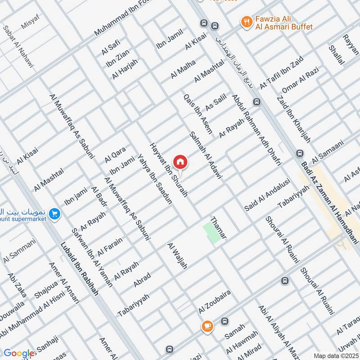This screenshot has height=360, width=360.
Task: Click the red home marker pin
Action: pyautogui.click(x=180, y=162)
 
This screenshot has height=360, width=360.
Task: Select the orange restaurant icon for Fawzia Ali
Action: pyautogui.click(x=246, y=21)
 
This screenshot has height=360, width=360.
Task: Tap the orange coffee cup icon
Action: pyautogui.click(x=207, y=326)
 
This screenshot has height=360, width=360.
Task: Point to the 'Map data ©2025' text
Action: pyautogui.click(x=336, y=355)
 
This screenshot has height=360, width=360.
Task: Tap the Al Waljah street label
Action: pyautogui.click(x=177, y=256)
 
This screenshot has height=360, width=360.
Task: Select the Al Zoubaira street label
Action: pyautogui.click(x=215, y=302)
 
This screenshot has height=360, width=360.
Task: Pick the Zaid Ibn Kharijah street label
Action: pyautogui.click(x=293, y=120)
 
